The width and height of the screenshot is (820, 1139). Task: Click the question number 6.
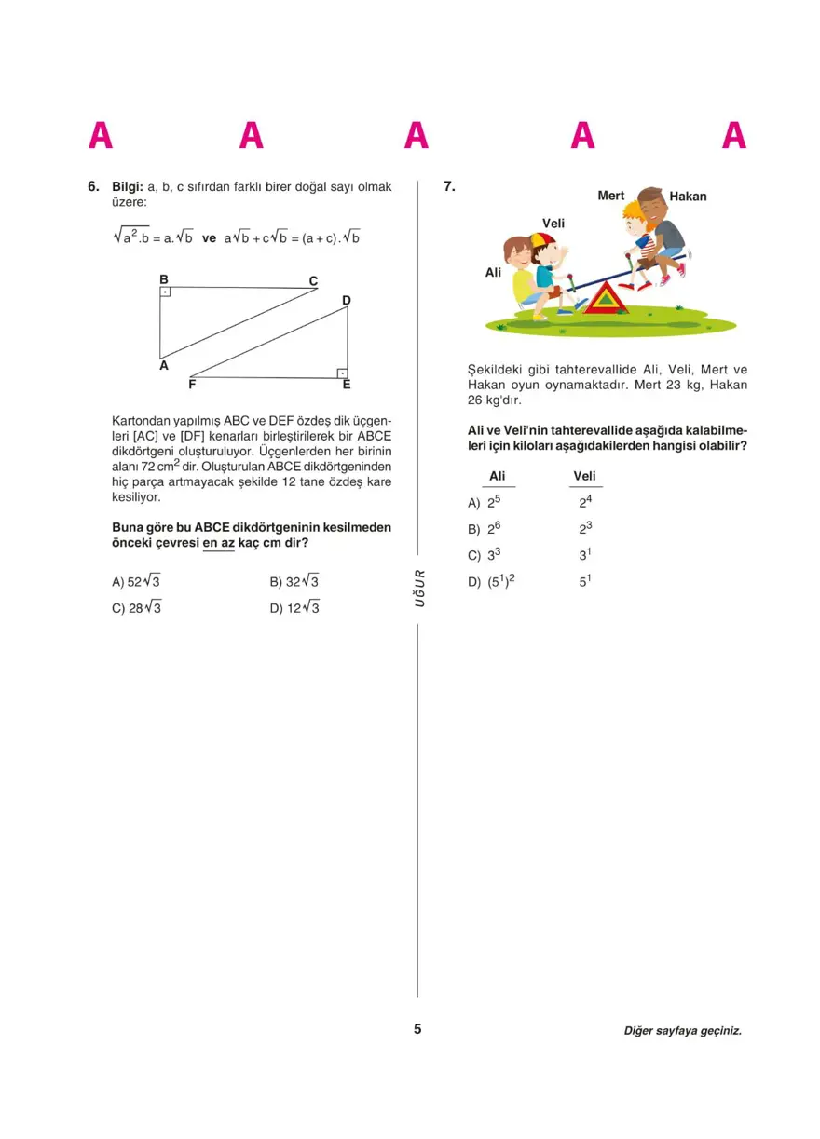coord(93,186)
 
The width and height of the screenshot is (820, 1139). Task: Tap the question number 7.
coord(448,186)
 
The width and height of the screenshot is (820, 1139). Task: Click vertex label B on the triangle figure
coord(163,279)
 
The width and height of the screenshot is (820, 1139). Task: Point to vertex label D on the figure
coord(346,300)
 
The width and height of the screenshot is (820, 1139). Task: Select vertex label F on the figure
coord(192,384)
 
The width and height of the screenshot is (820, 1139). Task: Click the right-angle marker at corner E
coord(342,373)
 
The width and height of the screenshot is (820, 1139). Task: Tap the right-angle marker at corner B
coord(165,292)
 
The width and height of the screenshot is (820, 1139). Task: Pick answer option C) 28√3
coord(137,608)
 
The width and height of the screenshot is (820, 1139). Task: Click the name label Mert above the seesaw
coord(610,196)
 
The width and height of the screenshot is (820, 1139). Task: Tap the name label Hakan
coord(688,197)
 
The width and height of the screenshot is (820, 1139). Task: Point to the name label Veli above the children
coord(553,224)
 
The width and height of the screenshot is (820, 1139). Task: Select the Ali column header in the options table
coord(497,477)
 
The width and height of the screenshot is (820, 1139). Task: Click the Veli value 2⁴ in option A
coord(585,502)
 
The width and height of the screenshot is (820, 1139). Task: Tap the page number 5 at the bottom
coord(417,1029)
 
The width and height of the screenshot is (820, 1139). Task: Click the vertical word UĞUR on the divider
coord(419,589)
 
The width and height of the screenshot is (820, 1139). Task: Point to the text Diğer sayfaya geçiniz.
coord(683,1031)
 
